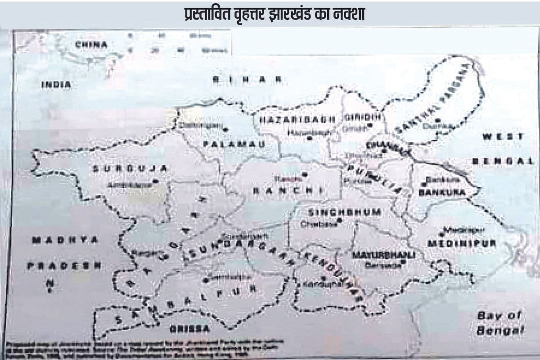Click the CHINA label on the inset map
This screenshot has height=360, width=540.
point(91,45)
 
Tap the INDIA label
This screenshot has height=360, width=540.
point(56,84)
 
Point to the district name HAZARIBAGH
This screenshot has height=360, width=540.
point(297,119)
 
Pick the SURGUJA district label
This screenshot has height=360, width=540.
point(130,168)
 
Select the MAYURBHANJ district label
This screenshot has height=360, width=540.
point(383,255)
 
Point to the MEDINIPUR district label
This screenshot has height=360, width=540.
point(461,243)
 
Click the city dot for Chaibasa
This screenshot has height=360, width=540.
point(340,220)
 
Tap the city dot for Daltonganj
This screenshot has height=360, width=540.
point(225,129)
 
